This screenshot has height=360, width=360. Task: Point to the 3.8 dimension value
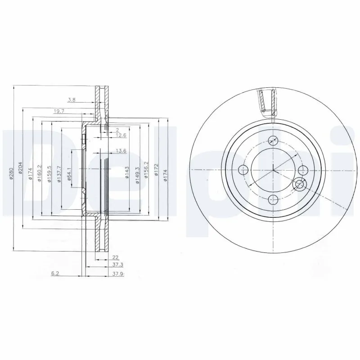[x=71, y=99]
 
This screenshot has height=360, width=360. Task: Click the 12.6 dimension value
[x=121, y=135]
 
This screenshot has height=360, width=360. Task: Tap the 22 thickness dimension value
[x=115, y=257]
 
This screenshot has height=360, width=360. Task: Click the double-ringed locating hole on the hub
[x=299, y=184]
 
